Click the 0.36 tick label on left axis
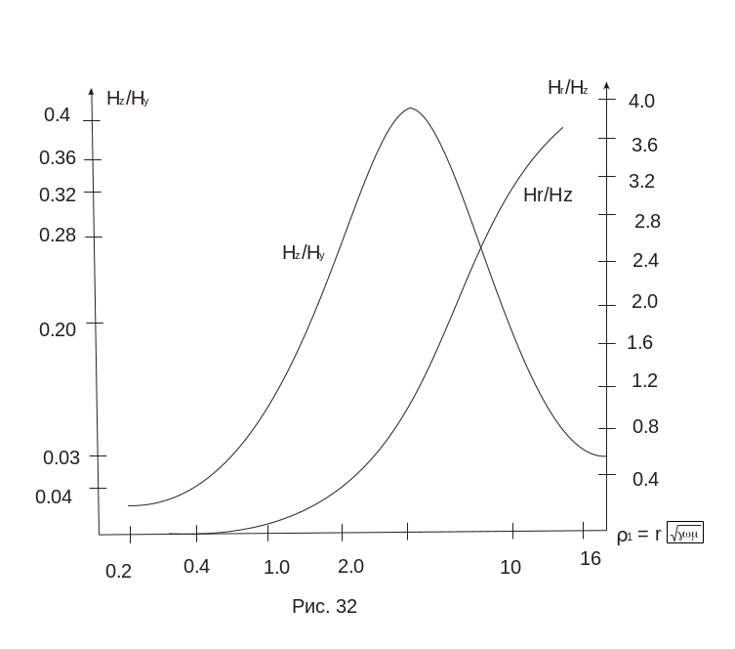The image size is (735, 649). pyautogui.click(x=58, y=157)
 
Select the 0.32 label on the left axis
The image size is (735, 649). pyautogui.click(x=58, y=194)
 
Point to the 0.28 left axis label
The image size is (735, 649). pyautogui.click(x=58, y=235)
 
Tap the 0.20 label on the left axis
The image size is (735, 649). pyautogui.click(x=58, y=328)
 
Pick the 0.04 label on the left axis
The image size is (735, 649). pyautogui.click(x=54, y=497)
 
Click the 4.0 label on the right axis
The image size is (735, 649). pyautogui.click(x=643, y=101)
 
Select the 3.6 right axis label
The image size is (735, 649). pyautogui.click(x=644, y=146)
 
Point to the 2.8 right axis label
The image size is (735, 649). pyautogui.click(x=647, y=222)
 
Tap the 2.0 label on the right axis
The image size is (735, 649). pyautogui.click(x=644, y=301)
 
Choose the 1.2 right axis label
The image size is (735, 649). pyautogui.click(x=644, y=380)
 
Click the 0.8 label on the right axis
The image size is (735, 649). pyautogui.click(x=644, y=426)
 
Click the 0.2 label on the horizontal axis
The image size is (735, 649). pyautogui.click(x=119, y=572)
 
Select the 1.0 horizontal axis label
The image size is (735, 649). pyautogui.click(x=276, y=567)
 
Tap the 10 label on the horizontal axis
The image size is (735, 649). pyautogui.click(x=510, y=567)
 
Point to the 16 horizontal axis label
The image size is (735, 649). pyautogui.click(x=590, y=558)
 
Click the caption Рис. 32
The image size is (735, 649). pyautogui.click(x=325, y=607)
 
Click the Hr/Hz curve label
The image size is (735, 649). pyautogui.click(x=548, y=195)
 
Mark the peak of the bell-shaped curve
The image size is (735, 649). pyautogui.click(x=410, y=108)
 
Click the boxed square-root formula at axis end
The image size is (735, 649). pyautogui.click(x=684, y=533)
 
